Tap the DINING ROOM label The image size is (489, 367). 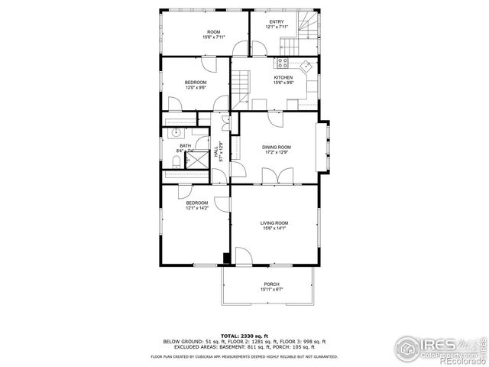[x=276, y=147]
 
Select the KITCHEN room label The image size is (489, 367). [x=283, y=77]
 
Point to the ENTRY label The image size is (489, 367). [x=276, y=22]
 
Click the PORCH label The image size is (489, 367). [x=271, y=284]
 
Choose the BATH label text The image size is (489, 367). [x=185, y=145]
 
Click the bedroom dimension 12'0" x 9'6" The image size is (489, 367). [x=195, y=87]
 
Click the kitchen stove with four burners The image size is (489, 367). [x=282, y=64]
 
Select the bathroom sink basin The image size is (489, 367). [x=176, y=132]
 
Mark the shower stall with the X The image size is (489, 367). [x=198, y=160]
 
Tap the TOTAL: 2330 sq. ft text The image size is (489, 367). [x=244, y=336]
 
